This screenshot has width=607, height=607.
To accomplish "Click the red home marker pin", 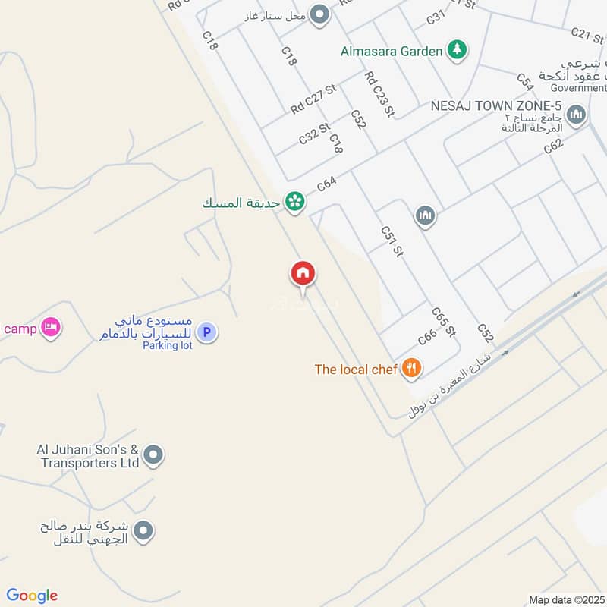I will point(303,273).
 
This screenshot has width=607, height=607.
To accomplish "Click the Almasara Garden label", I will point(390,52).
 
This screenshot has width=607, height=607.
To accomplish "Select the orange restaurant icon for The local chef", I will point(411,369).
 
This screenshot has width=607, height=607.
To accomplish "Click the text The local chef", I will point(356,370).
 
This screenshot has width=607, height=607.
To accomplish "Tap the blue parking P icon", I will point(206,332).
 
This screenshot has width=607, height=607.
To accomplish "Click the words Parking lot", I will point(168,346).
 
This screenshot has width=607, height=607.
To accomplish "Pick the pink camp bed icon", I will point(52,328).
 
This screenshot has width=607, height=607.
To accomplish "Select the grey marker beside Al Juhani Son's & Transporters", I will point(154,455).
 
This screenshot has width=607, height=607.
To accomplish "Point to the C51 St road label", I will point(391,241).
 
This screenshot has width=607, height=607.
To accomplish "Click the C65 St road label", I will point(443,322).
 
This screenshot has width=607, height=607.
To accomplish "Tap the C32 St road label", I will point(314,134).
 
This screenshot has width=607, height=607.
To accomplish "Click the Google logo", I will point(32,596).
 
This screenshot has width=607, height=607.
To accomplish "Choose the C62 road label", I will point(554,146).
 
